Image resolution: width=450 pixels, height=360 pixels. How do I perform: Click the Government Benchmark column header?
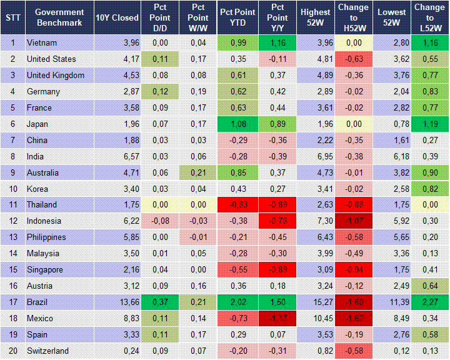59,17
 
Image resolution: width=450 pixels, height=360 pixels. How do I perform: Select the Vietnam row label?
42,43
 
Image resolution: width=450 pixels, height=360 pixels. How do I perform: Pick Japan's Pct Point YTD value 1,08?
238,124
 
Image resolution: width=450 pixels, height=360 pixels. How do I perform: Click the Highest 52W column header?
316,17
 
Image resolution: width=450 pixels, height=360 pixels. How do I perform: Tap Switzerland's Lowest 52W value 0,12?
393,351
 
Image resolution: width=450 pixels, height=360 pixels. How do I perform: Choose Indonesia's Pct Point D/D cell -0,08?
159,221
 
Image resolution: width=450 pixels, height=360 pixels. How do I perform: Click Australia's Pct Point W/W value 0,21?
197,172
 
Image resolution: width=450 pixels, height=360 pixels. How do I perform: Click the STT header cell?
12,17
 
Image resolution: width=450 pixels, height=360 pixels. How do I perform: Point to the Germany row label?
43,92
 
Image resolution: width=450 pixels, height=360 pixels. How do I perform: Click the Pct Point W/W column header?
197,17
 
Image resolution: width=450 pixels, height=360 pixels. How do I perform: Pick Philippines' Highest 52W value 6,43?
316,237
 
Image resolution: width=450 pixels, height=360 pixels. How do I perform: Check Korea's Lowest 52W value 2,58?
393,189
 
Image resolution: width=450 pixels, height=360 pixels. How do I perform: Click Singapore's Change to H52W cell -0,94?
354,270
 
